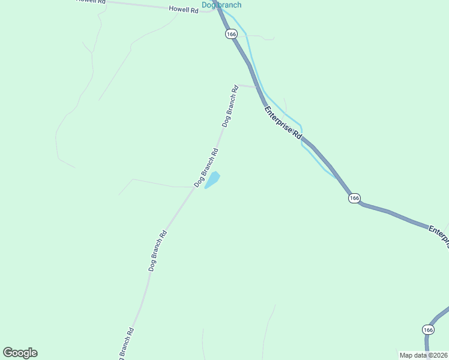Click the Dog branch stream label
tap(221, 5)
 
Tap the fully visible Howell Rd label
tap(183, 10)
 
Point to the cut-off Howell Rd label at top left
tap(91, 2)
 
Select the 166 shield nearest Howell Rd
tap(232, 34)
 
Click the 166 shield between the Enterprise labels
tap(354, 198)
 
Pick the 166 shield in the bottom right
tap(427, 329)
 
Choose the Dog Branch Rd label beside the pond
tap(206, 166)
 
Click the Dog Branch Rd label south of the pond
tap(157, 251)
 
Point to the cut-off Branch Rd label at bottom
tap(127, 343)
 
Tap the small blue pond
tap(213, 179)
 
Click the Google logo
tap(20, 353)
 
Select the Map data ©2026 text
tap(424, 355)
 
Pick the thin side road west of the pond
tap(153, 183)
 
